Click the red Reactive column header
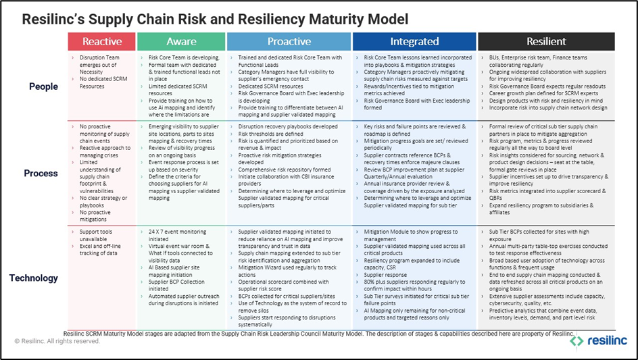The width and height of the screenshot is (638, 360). [101, 41]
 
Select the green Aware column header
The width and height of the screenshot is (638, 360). [181, 41]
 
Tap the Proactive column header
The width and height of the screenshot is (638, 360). [289, 41]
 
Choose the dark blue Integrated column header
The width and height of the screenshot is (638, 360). [414, 41]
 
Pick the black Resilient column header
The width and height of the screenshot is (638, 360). [545, 41]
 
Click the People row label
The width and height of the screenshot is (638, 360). [43, 86]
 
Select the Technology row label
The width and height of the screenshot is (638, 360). [34, 278]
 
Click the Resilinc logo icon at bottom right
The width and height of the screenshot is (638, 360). [576, 341]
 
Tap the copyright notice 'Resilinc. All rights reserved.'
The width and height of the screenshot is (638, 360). [57, 341]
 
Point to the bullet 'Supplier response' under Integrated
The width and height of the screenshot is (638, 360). [387, 275]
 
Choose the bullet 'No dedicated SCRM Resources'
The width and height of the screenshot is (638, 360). [101, 82]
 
